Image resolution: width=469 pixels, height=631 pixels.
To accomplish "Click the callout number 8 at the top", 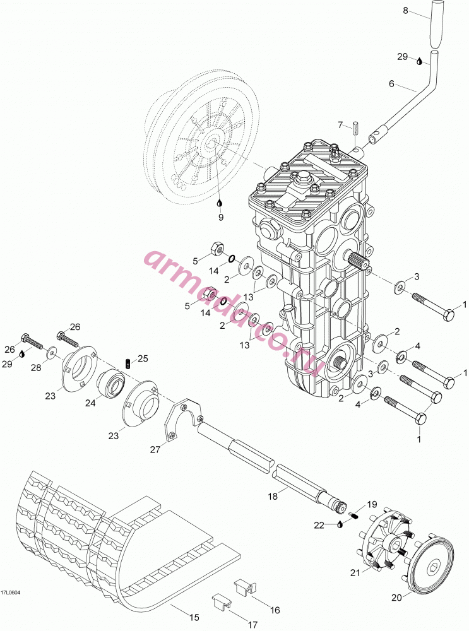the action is pos(406,11).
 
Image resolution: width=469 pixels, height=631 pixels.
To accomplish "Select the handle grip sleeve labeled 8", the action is pos(437,24).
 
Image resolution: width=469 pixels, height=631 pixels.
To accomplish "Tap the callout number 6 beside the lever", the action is pos(391,83).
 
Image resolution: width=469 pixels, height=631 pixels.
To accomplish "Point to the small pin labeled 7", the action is pos(355,129).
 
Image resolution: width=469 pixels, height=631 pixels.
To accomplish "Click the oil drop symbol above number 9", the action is pos(220,202).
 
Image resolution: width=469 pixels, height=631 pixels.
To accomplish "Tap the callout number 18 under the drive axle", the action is pos(273,497).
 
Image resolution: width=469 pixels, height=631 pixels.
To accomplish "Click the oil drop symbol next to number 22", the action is pos(341,524).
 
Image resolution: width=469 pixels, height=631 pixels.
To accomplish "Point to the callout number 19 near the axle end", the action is pos(372,504).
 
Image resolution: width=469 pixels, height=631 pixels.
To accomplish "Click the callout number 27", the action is pos(155,449).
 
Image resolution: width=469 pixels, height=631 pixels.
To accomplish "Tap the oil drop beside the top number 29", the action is pos(420,62).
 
